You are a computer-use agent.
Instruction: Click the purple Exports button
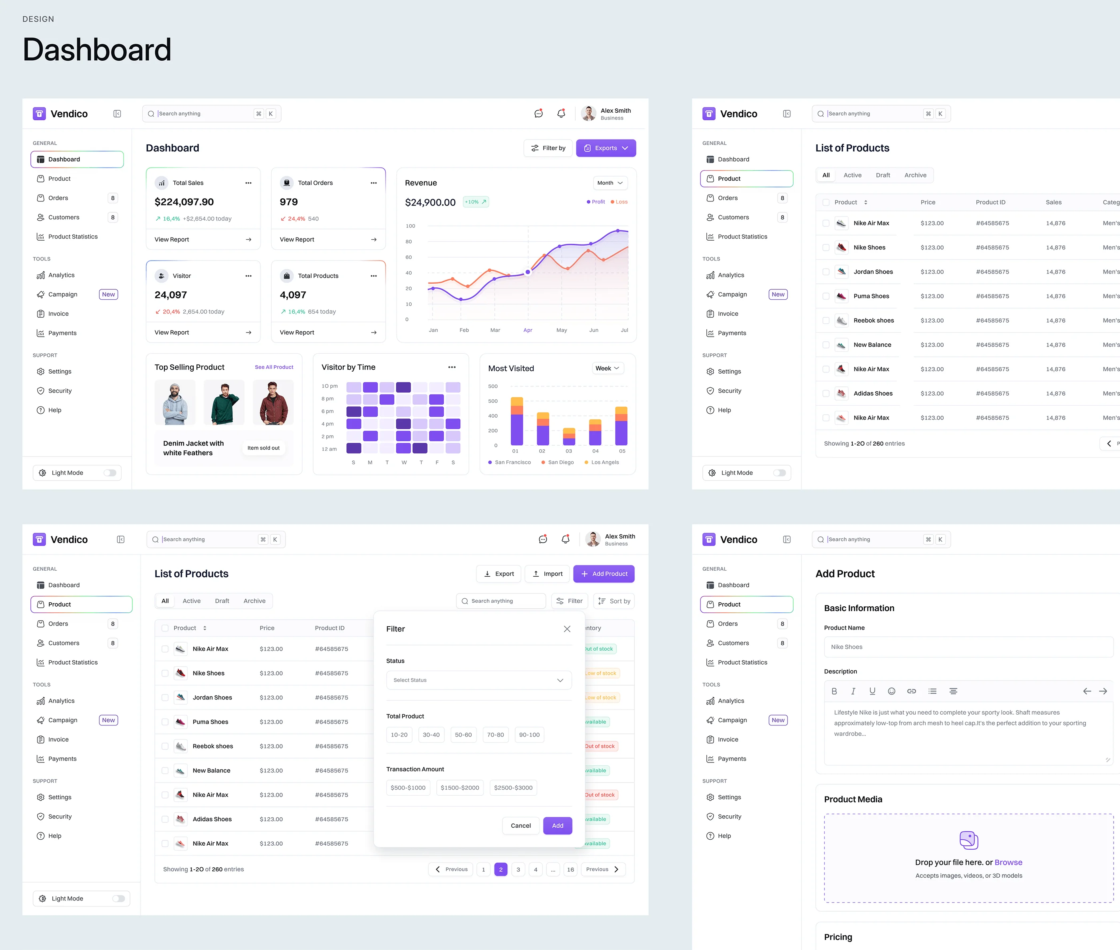pos(606,148)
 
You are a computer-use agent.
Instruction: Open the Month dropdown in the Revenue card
pos(610,183)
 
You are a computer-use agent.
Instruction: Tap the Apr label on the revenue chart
pos(528,330)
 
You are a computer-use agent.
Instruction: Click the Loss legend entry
pos(619,202)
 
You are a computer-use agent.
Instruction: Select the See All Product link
pos(274,367)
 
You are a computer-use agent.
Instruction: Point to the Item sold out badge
pos(264,448)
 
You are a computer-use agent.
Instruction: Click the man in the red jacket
pos(273,403)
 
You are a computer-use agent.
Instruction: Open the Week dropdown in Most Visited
pos(608,368)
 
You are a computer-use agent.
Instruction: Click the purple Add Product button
pos(604,574)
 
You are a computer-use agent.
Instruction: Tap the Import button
pos(548,574)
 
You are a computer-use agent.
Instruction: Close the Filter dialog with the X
pos(567,629)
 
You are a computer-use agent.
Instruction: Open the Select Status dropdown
pos(479,680)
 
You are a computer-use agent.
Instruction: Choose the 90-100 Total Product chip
pos(529,735)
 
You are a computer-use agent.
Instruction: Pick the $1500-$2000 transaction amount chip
pos(460,788)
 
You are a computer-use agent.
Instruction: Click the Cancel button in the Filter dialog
pos(521,826)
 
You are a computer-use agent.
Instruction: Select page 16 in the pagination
pos(570,869)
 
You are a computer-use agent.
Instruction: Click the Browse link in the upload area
pos(1008,862)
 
